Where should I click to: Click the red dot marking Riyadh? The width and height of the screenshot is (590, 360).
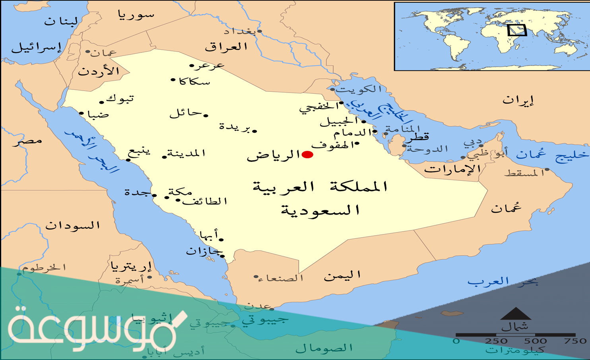[307, 155]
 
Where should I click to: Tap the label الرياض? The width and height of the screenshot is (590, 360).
[273, 155]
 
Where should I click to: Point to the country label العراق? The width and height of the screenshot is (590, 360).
[226, 47]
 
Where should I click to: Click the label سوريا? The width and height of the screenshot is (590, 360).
[136, 15]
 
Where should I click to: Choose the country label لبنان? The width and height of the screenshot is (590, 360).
[61, 21]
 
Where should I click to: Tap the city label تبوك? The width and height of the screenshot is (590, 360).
[120, 98]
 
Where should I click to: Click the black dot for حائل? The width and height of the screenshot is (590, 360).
[206, 116]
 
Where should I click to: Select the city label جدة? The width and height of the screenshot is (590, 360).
[138, 193]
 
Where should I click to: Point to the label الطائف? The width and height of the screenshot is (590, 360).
[205, 201]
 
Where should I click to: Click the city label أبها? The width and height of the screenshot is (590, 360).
[209, 234]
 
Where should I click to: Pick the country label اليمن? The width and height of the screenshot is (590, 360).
[342, 275]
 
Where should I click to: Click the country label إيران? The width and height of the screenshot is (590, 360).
[518, 101]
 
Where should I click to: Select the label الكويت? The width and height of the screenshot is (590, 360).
[359, 89]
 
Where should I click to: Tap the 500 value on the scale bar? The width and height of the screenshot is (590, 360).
[535, 341]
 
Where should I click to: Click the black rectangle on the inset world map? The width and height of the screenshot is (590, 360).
[517, 30]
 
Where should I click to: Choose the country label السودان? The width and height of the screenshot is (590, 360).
[72, 226]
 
